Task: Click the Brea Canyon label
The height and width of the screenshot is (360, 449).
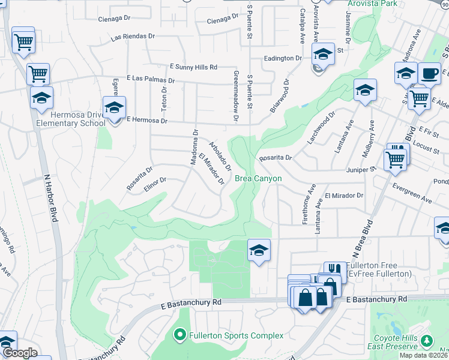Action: pos(258,179)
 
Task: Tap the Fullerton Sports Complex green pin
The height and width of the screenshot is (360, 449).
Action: pos(179,334)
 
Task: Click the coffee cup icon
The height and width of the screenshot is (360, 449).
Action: pos(429,73)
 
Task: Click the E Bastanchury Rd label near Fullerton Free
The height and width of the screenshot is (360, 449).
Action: pos(376,299)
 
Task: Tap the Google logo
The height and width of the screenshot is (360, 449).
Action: pos(20,353)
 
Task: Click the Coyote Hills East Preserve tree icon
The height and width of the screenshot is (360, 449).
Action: pos(427,340)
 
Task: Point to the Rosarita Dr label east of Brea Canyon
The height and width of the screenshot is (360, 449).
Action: pos(275,158)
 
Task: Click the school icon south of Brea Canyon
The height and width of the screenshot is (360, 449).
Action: pos(259,250)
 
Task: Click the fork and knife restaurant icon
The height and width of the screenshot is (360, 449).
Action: pos(335,271)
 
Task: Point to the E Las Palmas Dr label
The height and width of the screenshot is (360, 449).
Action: pos(150,79)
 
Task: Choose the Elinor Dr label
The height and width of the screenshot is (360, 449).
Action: pos(155,179)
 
